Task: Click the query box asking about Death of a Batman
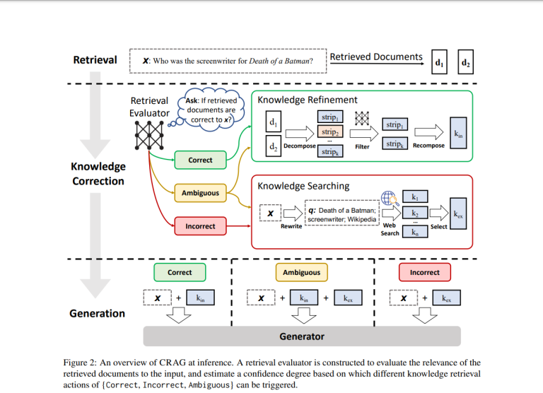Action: tap(228, 61)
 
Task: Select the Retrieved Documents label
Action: tap(376, 57)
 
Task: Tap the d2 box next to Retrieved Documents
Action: tap(465, 62)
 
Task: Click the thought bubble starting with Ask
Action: tap(210, 110)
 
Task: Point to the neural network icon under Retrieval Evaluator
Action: tap(149, 135)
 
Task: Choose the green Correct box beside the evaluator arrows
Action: tap(200, 160)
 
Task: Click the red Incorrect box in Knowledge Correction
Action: tap(200, 226)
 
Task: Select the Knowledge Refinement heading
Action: tap(307, 100)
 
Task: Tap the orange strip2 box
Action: tap(329, 132)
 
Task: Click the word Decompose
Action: tap(299, 146)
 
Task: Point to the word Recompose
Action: tap(428, 146)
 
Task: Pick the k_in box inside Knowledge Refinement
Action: tap(458, 133)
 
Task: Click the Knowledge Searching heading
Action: tap(303, 186)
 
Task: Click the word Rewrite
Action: tap(291, 227)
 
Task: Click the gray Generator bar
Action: tap(302, 336)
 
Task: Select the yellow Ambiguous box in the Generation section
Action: tap(301, 272)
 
